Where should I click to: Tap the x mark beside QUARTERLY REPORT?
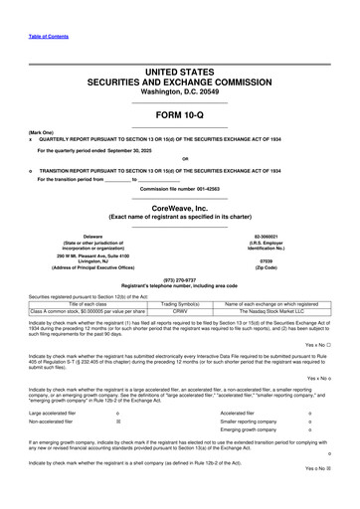[x=31, y=138]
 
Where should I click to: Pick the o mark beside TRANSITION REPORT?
[x=31, y=169]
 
